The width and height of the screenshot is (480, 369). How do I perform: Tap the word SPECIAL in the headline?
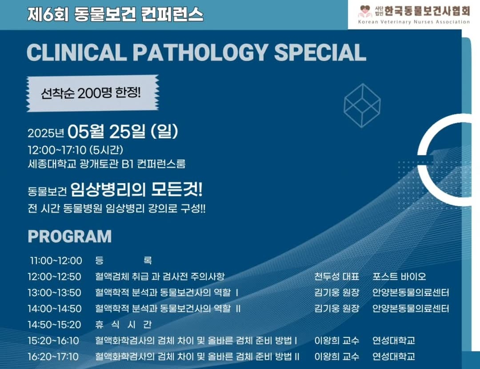320,52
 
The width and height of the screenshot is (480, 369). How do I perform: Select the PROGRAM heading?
69,237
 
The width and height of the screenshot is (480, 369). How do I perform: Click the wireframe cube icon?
362,105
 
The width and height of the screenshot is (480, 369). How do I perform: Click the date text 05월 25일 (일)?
123,132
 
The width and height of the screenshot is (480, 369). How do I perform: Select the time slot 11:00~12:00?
56,261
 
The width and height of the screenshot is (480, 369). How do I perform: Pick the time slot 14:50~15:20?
54,325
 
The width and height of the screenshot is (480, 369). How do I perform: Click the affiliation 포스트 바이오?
399,277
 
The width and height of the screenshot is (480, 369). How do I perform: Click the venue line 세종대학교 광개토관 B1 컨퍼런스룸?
106,164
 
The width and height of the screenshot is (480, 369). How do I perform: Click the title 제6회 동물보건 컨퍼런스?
115,15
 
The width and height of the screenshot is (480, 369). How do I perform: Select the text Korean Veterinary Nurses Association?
414,22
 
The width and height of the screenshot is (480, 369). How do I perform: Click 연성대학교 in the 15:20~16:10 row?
394,341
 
